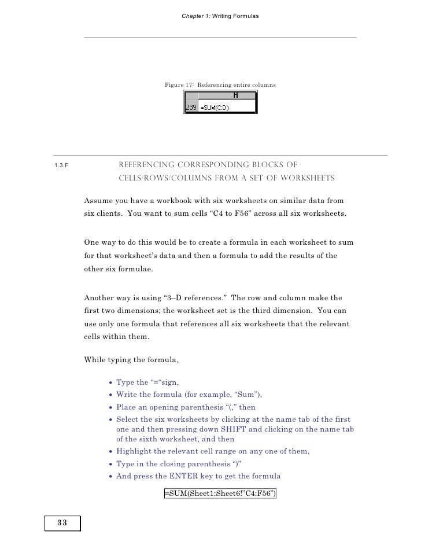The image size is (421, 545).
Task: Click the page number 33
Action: click(62, 523)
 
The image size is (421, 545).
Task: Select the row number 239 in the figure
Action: click(191, 108)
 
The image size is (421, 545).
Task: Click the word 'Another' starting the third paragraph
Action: click(99, 298)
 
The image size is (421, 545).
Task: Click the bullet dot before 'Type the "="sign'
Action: click(110, 382)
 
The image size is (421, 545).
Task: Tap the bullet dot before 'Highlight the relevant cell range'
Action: click(110, 452)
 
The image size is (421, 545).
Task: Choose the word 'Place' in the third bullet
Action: click(126, 406)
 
